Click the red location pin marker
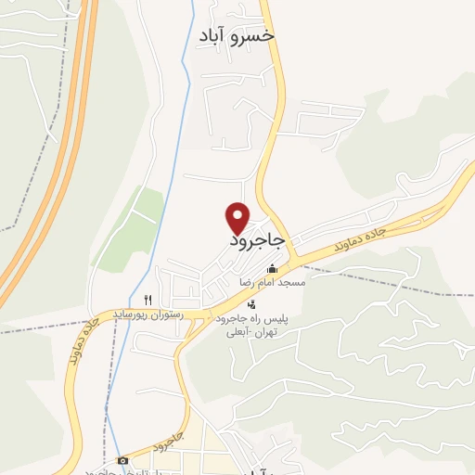(238, 217)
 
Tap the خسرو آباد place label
(237, 35)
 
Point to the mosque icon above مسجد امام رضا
(271, 269)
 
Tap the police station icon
(250, 304)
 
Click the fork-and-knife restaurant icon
(148, 300)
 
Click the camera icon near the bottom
(122, 460)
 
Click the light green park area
(133, 227)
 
